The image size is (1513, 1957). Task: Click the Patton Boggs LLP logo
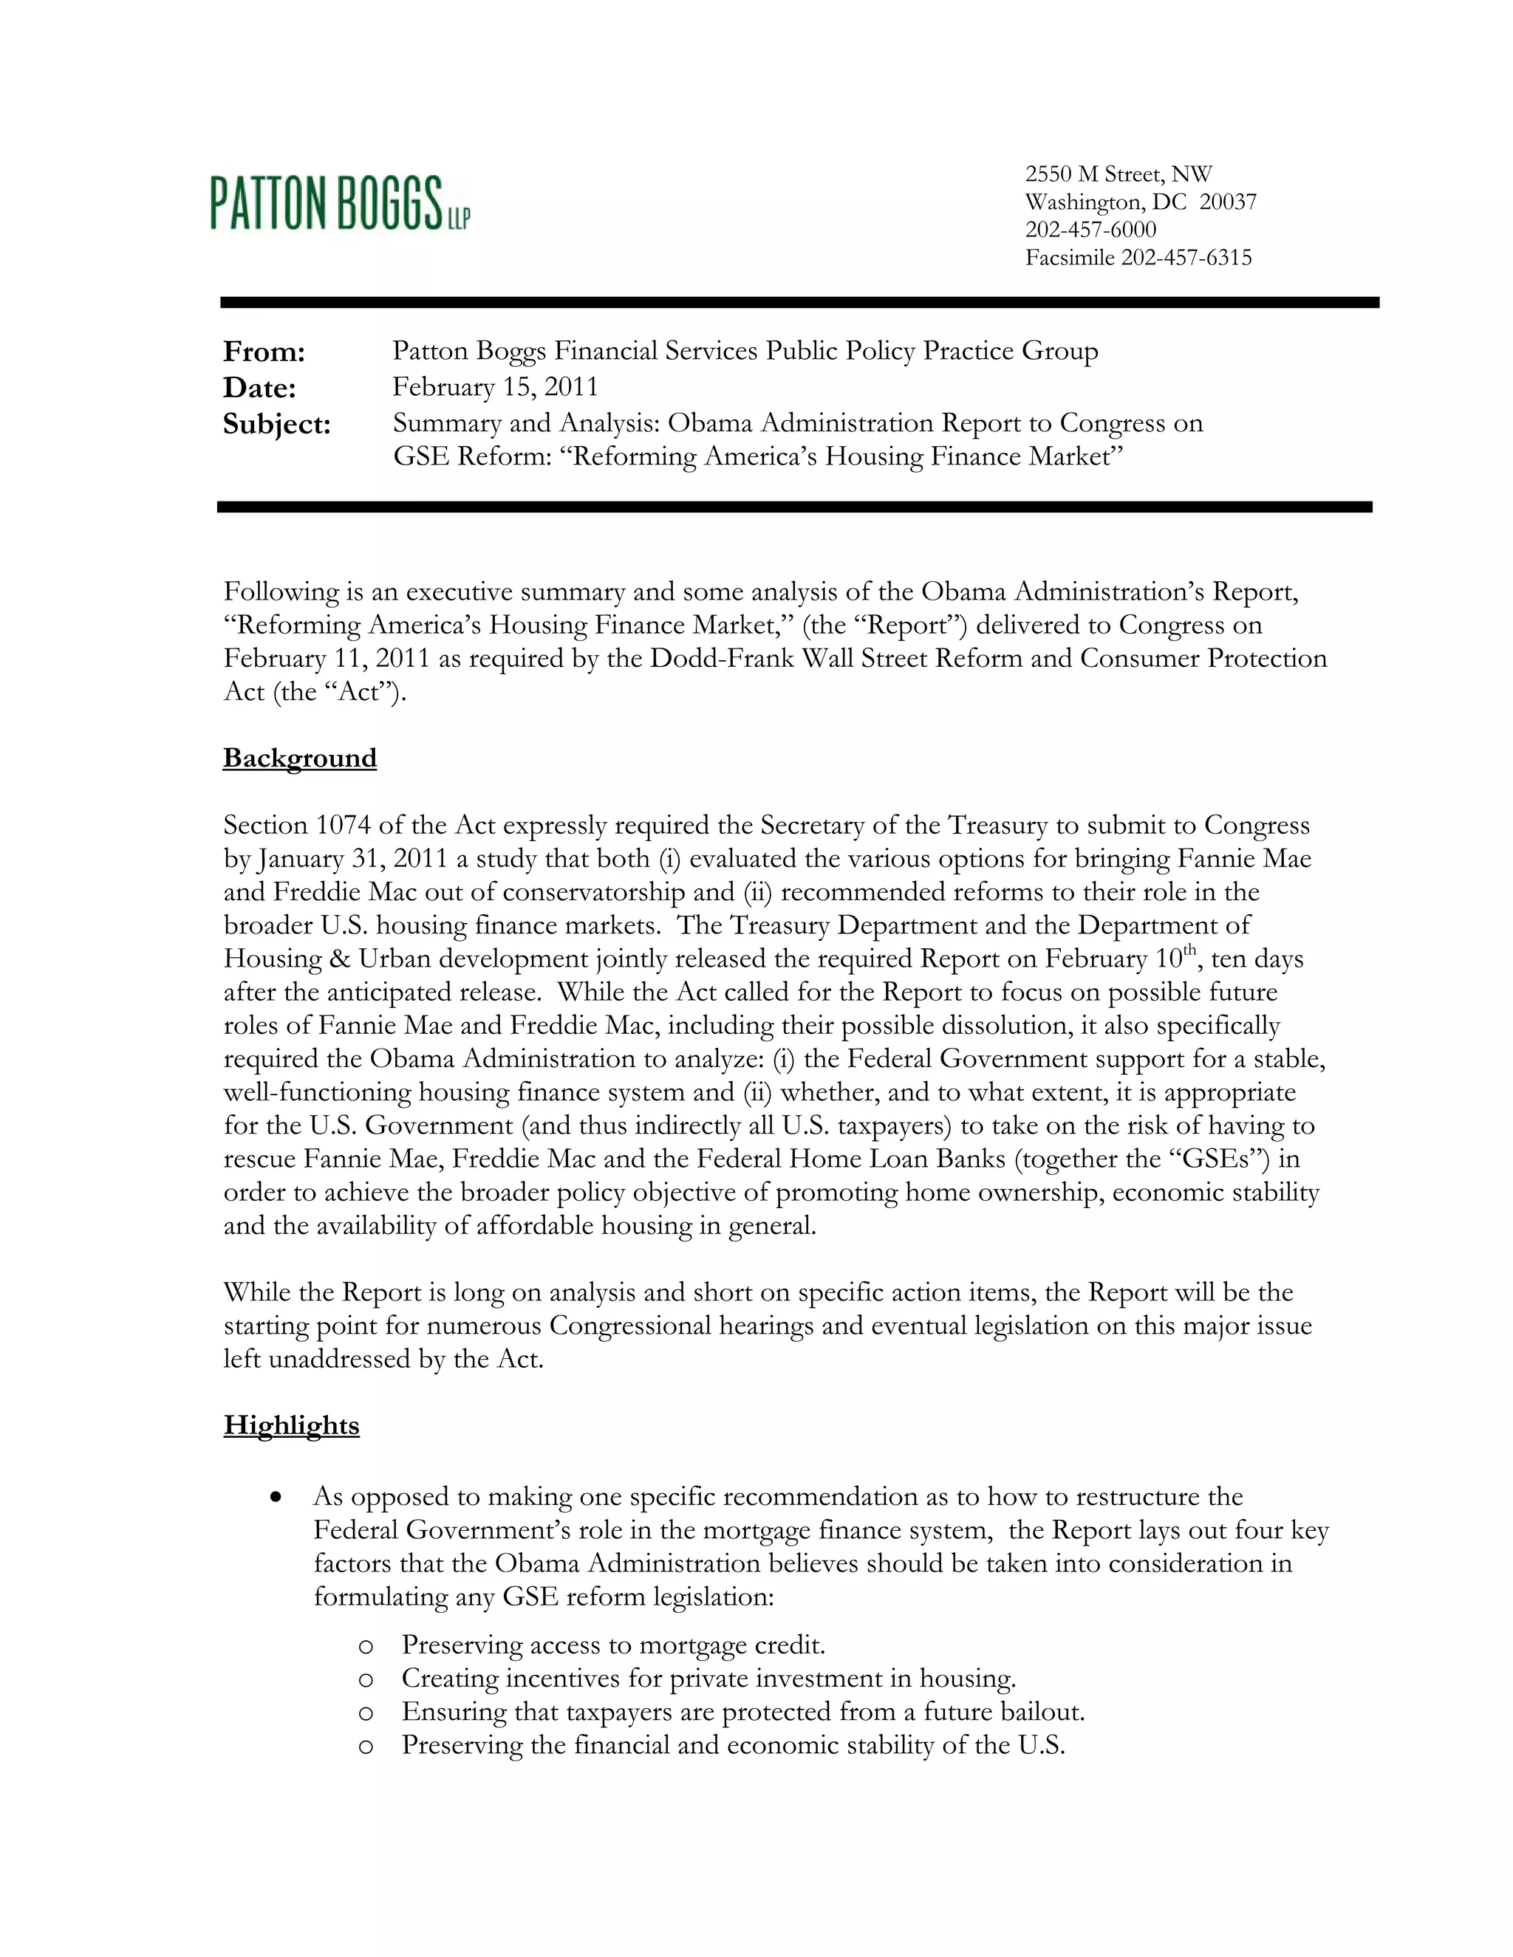point(340,202)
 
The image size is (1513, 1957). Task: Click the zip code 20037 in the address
point(1228,202)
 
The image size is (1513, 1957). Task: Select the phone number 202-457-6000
point(1091,230)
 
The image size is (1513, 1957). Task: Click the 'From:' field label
point(264,352)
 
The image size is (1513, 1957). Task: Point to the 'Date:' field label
point(260,388)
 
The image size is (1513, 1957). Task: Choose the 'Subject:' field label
point(277,424)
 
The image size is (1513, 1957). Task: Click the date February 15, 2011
point(495,387)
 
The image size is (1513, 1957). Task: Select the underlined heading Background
point(299,758)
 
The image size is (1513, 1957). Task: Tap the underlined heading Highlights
point(291,1425)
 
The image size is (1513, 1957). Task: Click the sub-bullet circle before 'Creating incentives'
point(365,1680)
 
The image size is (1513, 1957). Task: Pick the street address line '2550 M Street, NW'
point(1118,174)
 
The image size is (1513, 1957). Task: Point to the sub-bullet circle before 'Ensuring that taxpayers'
point(365,1713)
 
